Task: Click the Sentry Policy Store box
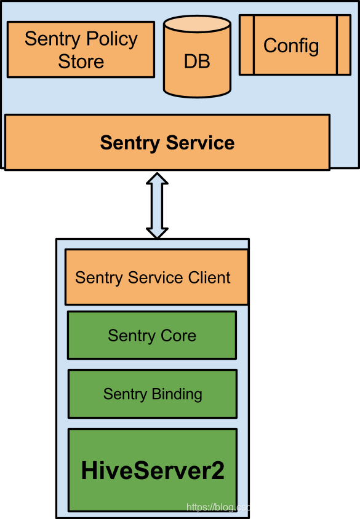tap(81, 50)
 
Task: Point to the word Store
tap(81, 61)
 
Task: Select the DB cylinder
tap(196, 61)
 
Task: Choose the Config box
tap(295, 45)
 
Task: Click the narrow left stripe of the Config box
tap(247, 45)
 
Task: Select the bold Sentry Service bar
tap(167, 142)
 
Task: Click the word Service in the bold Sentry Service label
tap(201, 143)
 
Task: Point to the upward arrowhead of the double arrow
tap(158, 180)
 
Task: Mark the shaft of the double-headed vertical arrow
tap(158, 206)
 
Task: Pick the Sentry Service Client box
tap(156, 277)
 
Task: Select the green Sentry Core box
tap(152, 335)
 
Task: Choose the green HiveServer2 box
tap(153, 470)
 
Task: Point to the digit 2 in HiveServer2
tap(216, 471)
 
